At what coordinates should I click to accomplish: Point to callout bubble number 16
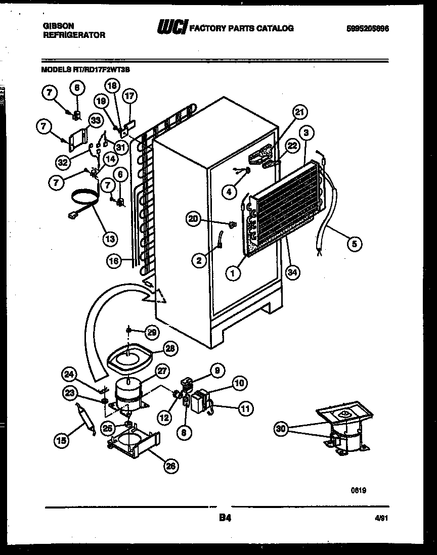click(115, 261)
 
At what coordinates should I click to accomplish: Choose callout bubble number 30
click(281, 429)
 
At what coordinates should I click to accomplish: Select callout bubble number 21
click(300, 112)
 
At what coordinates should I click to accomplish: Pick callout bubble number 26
click(171, 467)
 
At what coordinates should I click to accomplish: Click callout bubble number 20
click(193, 218)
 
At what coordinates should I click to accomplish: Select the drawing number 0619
click(359, 490)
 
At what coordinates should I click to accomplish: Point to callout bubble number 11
click(245, 409)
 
